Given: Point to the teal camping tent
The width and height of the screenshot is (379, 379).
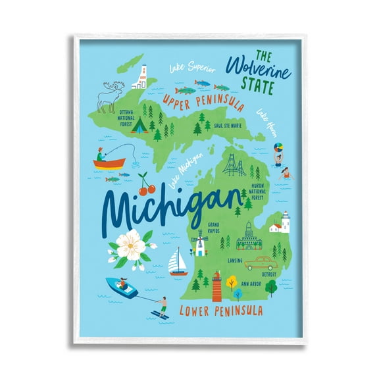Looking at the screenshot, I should click(x=139, y=125).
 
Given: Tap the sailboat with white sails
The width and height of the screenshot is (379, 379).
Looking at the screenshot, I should click(x=178, y=261).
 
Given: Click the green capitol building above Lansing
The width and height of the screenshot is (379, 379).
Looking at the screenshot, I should click(x=249, y=236).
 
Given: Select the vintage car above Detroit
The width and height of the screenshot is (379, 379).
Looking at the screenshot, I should click(x=258, y=263).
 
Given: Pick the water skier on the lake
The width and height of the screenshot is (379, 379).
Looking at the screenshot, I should click(x=162, y=307).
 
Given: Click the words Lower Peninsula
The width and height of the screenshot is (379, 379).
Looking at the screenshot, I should click(x=222, y=311).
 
